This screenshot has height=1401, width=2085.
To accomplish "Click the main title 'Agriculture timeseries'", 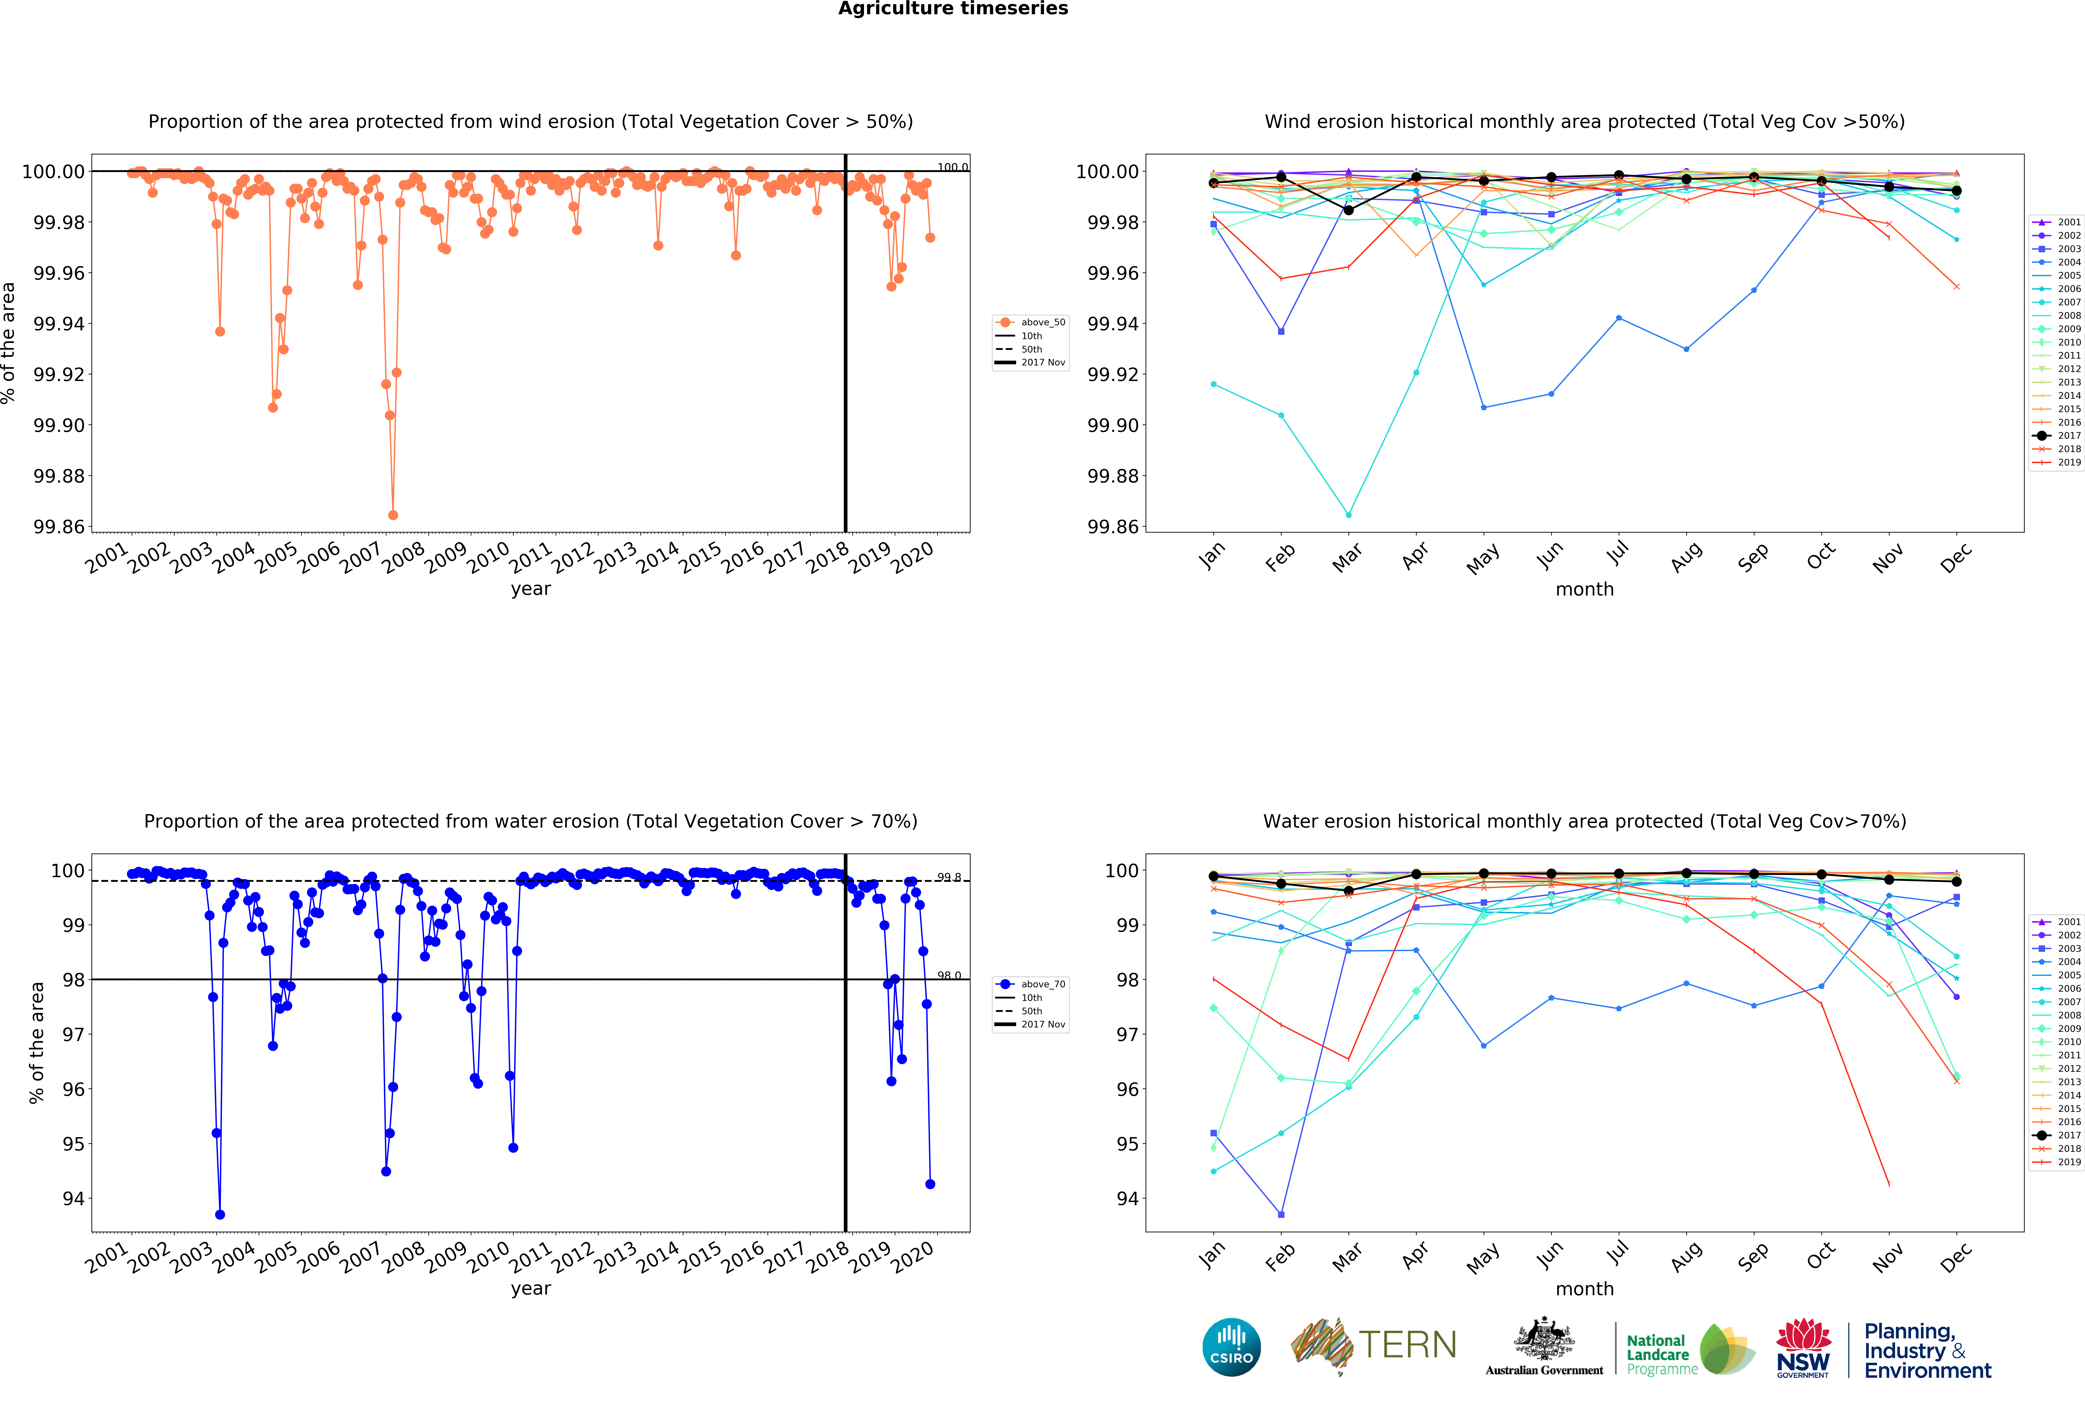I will [952, 9].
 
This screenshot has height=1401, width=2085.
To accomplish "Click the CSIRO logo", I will [1231, 1347].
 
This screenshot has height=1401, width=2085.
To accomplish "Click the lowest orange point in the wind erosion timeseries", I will [393, 515].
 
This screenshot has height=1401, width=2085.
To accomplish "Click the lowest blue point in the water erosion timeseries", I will [220, 1214].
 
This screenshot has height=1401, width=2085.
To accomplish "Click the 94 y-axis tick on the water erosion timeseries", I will [73, 1199].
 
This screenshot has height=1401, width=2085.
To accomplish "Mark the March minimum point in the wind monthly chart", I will [1348, 515].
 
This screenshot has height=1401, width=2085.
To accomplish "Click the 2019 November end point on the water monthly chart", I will [1888, 1185].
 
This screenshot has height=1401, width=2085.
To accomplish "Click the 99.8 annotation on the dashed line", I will [949, 877].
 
